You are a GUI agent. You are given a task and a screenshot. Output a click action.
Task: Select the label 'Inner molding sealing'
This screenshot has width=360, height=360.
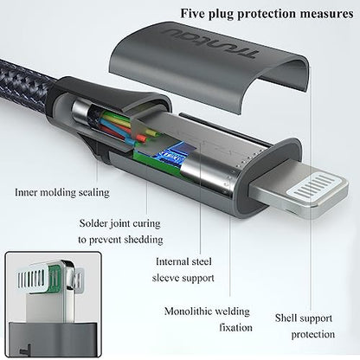(62, 192)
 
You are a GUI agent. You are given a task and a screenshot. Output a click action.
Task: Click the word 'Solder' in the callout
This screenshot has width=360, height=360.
(93, 223)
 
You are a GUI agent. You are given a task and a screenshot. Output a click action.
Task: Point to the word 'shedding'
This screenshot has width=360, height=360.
(144, 240)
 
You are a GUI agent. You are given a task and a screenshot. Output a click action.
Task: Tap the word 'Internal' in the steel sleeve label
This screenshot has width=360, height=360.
(171, 261)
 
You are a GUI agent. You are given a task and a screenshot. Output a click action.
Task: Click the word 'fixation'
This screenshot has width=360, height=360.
(235, 327)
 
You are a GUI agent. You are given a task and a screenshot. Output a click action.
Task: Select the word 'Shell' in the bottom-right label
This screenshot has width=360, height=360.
(286, 318)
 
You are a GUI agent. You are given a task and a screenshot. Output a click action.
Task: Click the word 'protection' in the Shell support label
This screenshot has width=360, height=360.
(313, 335)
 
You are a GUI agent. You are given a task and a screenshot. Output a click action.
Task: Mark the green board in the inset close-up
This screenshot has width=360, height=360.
(53, 279)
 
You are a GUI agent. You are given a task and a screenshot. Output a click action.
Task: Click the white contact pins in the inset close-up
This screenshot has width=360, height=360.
(31, 280)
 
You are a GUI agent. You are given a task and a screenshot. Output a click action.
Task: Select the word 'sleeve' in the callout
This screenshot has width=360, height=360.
(165, 278)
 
